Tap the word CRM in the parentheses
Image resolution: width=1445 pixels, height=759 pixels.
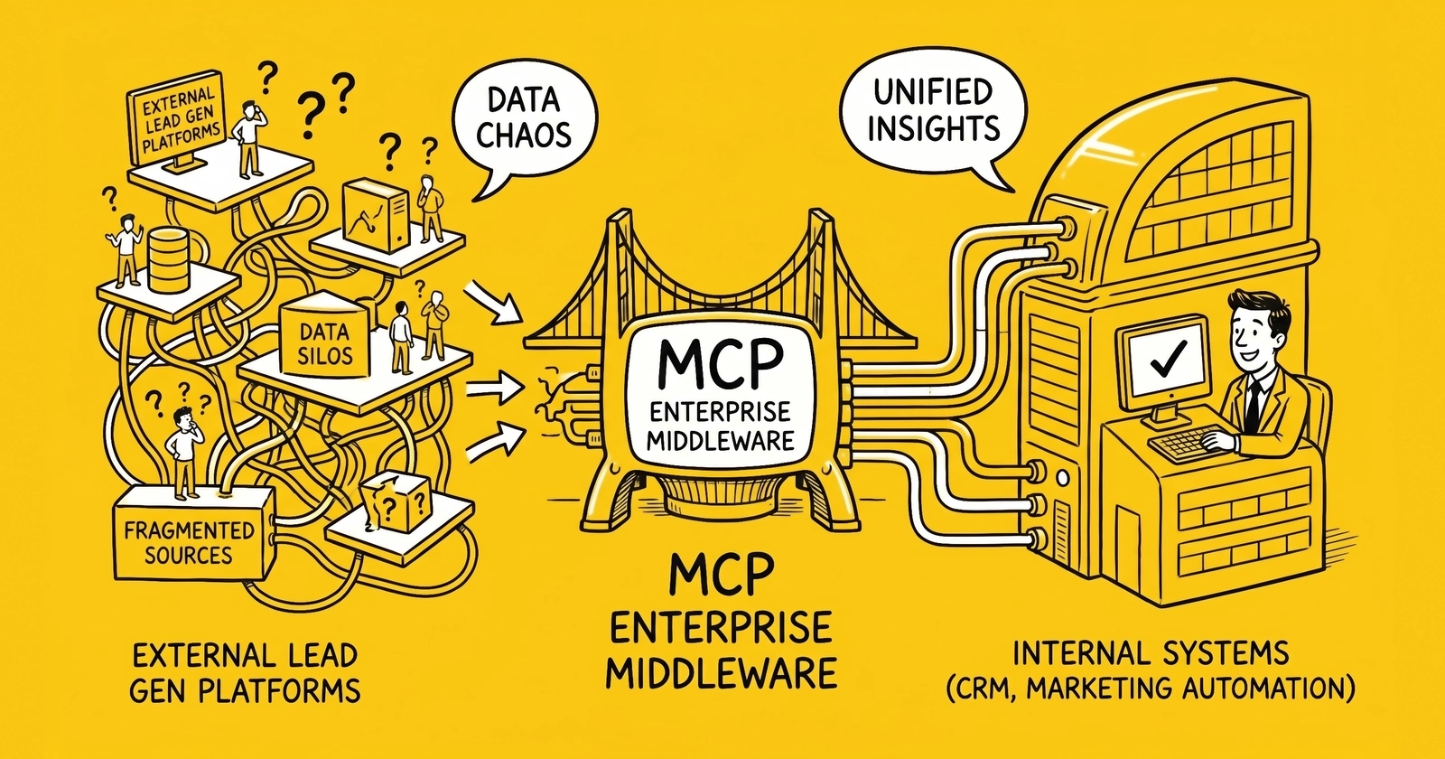tap(984, 689)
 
